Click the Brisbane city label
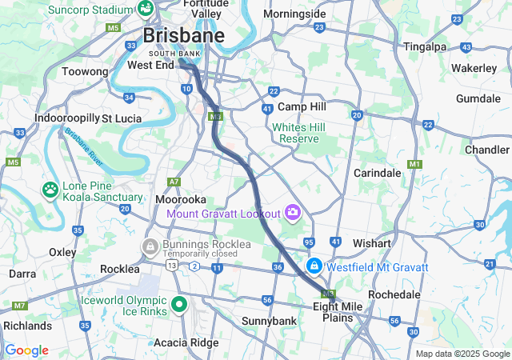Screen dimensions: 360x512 tap(183, 36)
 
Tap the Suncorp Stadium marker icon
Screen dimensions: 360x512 tap(146, 9)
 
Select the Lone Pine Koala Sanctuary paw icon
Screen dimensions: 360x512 tap(50, 190)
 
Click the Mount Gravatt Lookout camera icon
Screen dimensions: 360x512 tap(293, 213)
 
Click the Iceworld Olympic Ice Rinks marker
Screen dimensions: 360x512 tap(181, 305)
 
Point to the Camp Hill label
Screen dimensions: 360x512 tap(302, 106)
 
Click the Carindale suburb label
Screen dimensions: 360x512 tap(378, 173)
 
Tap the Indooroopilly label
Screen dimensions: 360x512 tap(66, 118)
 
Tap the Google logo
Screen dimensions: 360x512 tap(26, 350)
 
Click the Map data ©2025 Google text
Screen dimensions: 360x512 tap(462, 354)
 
